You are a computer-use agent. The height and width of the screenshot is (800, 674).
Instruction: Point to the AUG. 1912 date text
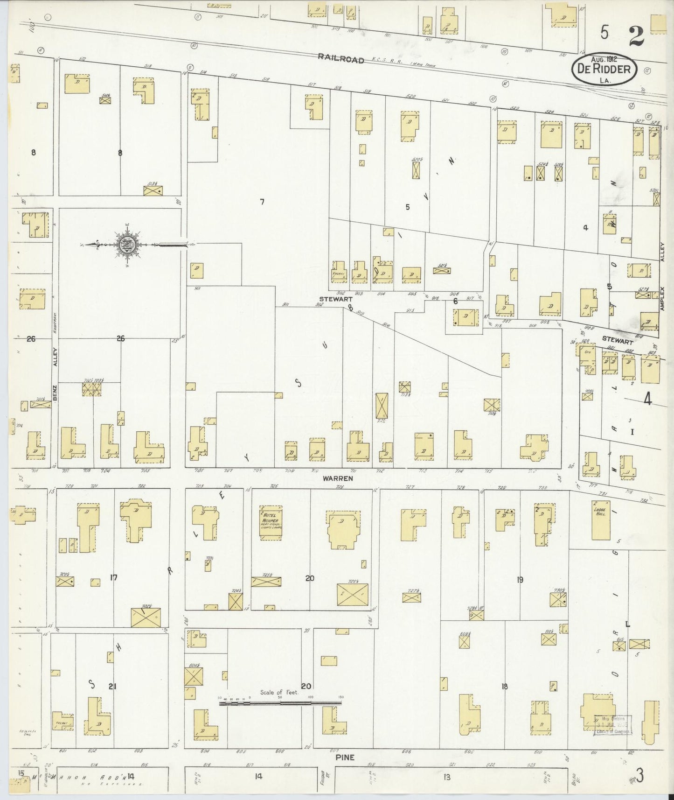click(604, 60)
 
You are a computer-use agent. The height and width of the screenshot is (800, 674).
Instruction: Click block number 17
click(113, 578)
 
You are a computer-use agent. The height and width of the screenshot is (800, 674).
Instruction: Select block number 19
click(520, 580)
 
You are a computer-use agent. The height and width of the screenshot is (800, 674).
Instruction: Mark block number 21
click(112, 686)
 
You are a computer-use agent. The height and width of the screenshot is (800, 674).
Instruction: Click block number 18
click(504, 687)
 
